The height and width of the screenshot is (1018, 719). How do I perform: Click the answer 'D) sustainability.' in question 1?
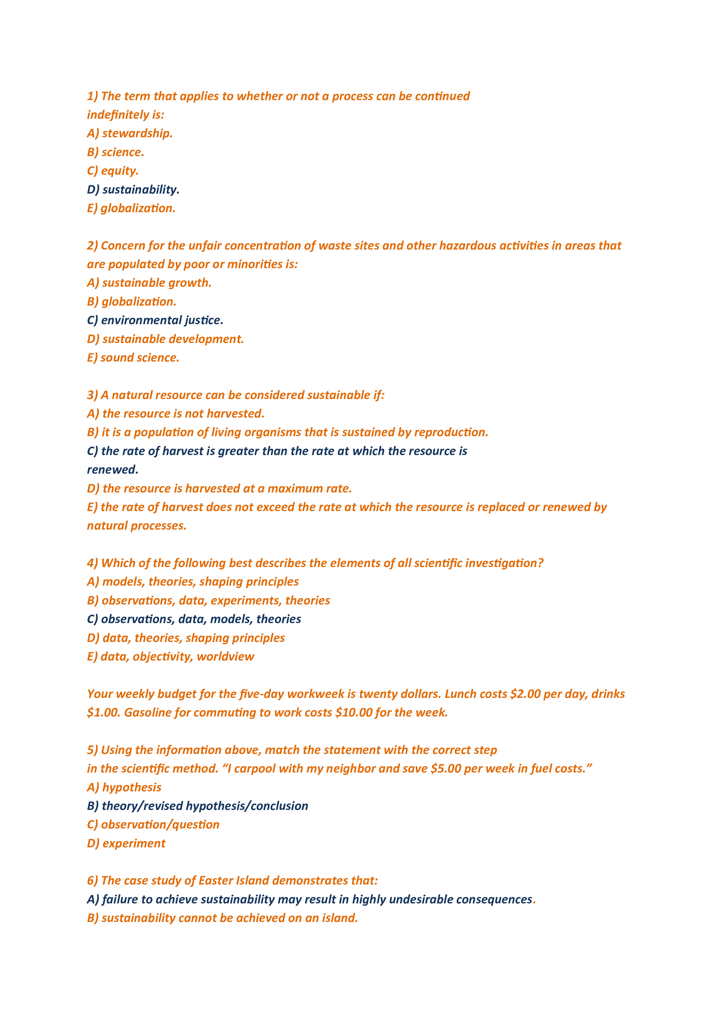(x=133, y=190)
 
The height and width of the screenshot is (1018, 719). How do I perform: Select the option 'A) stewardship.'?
(x=129, y=133)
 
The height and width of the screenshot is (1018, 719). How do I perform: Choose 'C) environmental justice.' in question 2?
(x=155, y=321)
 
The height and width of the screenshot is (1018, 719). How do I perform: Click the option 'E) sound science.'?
(x=133, y=358)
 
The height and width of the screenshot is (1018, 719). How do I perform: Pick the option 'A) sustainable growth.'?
(x=149, y=283)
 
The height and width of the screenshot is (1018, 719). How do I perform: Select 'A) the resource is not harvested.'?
(x=175, y=414)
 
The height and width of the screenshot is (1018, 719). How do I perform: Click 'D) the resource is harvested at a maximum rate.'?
(x=219, y=489)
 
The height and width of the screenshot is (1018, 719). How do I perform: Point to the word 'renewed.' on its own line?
(x=112, y=470)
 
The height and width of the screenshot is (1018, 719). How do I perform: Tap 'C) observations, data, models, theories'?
(x=194, y=619)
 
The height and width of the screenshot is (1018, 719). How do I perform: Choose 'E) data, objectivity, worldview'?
(x=170, y=657)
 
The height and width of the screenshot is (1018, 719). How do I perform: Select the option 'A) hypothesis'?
(x=124, y=788)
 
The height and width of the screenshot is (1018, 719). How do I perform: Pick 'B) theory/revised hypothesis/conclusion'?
(x=198, y=806)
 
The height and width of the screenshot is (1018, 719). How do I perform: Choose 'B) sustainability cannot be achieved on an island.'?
(x=222, y=918)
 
